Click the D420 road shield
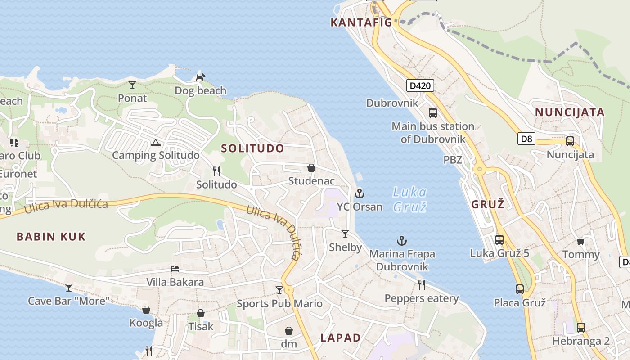point(420,85)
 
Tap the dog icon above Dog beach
point(200,78)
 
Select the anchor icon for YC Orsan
point(359,194)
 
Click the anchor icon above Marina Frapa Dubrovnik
point(401,241)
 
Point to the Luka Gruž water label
point(409,199)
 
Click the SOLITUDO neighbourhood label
point(252,148)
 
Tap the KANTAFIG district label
point(361,22)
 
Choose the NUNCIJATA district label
point(570,112)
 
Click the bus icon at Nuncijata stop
point(570,141)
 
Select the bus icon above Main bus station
point(433,113)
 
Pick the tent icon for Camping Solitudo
point(156,143)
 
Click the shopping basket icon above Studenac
point(311,168)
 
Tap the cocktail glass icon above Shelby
point(345,234)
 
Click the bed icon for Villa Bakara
point(175,269)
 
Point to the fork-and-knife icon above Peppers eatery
point(421,284)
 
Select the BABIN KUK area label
point(51,237)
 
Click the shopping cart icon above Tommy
point(581,242)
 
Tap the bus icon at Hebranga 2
point(581,327)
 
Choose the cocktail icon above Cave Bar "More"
point(68,287)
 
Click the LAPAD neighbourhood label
point(341,338)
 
